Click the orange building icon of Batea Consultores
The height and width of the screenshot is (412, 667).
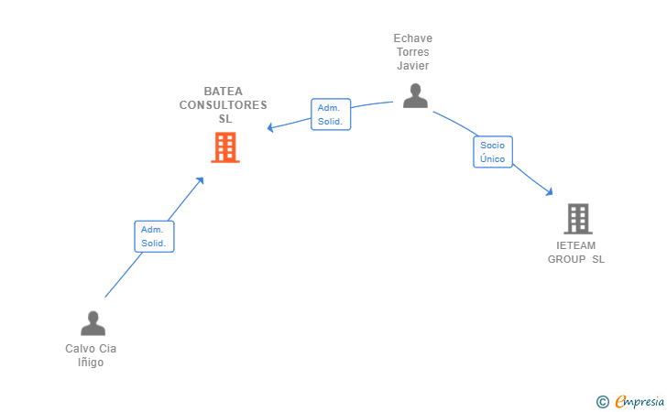[x=224, y=147]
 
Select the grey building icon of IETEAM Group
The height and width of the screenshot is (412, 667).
[x=577, y=219]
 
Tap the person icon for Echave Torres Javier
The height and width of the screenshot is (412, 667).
[x=415, y=95]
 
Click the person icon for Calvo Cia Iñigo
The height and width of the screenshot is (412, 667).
[x=93, y=323]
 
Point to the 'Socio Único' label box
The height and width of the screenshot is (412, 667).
[x=493, y=152]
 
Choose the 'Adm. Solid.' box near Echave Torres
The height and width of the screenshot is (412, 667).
[x=330, y=114]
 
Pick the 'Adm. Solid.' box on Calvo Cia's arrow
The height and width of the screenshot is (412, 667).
[x=153, y=236]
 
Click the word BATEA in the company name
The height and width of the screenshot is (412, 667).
[x=224, y=92]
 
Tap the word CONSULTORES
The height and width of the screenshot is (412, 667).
[x=224, y=105]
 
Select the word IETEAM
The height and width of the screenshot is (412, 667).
[x=576, y=245]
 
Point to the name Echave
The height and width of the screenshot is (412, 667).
[x=413, y=38]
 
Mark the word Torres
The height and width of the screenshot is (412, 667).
[x=413, y=52]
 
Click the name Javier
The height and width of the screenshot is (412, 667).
[x=413, y=66]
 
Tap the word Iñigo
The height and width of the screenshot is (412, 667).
[x=91, y=363]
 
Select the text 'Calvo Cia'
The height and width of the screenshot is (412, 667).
[x=91, y=349]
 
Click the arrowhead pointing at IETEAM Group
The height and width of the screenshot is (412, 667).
[x=550, y=192]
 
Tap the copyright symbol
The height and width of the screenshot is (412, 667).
[x=602, y=401]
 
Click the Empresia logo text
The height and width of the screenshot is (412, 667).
[x=640, y=401]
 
